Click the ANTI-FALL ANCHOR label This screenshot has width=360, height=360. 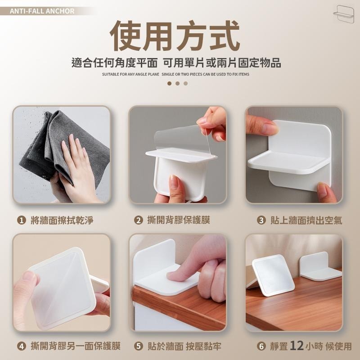coord(42,11)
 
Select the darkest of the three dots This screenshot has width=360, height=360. coord(169,83)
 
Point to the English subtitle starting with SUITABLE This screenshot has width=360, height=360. coord(175,74)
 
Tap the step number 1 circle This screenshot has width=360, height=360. coord(21,220)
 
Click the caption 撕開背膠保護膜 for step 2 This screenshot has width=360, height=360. coord(178,220)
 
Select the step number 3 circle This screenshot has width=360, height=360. coord(261,220)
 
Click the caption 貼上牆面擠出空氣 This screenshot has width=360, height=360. coord(306,220)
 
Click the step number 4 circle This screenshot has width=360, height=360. coord(21,346)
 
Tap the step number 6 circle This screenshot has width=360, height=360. coord(261,346)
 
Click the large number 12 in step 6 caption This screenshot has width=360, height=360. coord(297,346)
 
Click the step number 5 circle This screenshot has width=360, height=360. coord(139,346)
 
